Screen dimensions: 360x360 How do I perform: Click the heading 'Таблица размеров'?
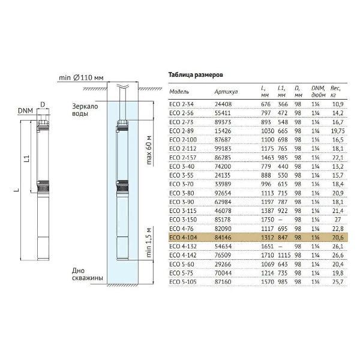click(x=196, y=75)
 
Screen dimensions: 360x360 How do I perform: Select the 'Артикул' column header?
click(x=226, y=92)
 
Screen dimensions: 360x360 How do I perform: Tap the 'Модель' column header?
click(x=179, y=92)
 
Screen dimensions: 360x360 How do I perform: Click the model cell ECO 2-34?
click(x=181, y=104)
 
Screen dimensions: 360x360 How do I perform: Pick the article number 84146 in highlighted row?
click(x=223, y=238)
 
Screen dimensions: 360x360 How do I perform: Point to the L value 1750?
click(x=268, y=220)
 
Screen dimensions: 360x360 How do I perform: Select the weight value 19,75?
click(x=338, y=131)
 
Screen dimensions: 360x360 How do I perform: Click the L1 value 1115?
click(x=284, y=255)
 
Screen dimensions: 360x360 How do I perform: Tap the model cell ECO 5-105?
click(x=183, y=282)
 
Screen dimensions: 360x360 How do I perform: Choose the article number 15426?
click(x=223, y=131)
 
